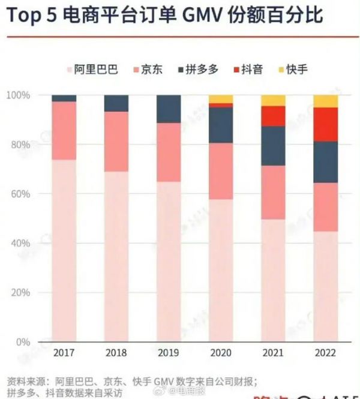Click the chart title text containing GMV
click(x=165, y=16)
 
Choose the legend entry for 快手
click(x=293, y=69)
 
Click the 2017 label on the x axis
click(x=64, y=352)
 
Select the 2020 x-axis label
click(x=221, y=352)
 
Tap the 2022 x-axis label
click(x=326, y=352)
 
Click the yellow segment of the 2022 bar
click(x=326, y=101)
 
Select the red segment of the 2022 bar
click(x=326, y=124)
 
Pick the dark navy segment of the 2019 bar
click(x=169, y=109)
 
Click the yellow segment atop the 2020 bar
click(x=221, y=98)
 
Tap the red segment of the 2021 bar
click(x=273, y=116)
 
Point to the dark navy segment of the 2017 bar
click(x=64, y=98)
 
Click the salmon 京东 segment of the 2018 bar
click(x=116, y=142)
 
